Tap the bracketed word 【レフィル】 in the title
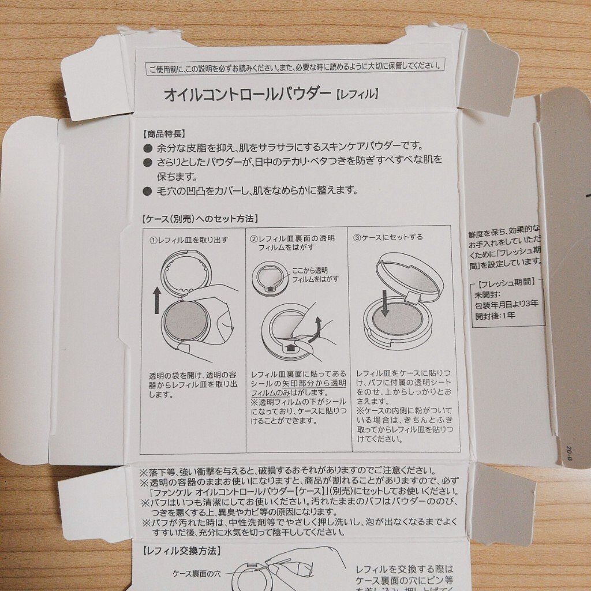pyautogui.click(x=357, y=93)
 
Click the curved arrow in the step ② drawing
pyautogui.click(x=315, y=333)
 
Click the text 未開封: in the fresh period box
pyautogui.click(x=484, y=293)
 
